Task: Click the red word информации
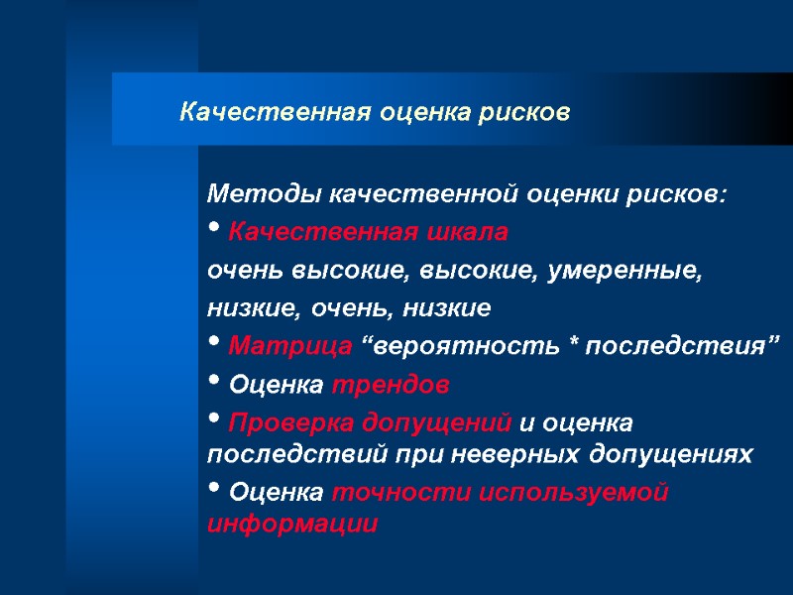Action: coord(292,524)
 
